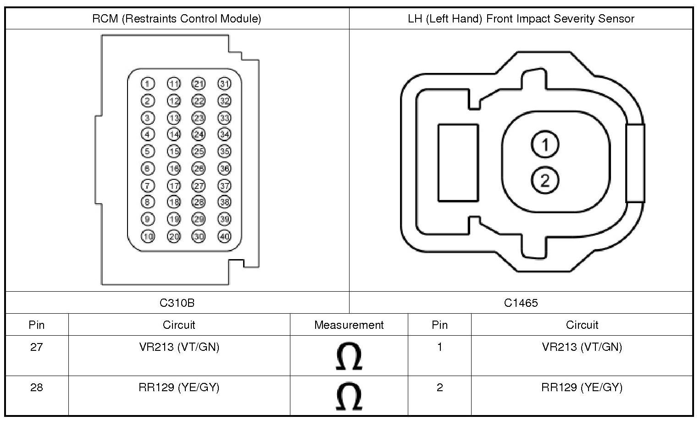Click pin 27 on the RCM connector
(x=199, y=186)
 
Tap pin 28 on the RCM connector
(x=199, y=202)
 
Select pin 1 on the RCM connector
(x=147, y=84)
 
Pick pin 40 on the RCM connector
(x=224, y=237)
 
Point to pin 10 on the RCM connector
(x=147, y=237)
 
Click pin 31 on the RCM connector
(x=224, y=84)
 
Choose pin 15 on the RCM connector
(x=173, y=151)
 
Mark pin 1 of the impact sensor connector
(x=545, y=144)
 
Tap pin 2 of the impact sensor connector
(x=545, y=180)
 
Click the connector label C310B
(x=177, y=303)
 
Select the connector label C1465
(x=521, y=303)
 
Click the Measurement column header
(x=349, y=325)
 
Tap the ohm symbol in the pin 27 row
(x=349, y=356)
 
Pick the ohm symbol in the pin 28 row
(x=349, y=397)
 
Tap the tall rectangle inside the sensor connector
(x=458, y=163)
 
